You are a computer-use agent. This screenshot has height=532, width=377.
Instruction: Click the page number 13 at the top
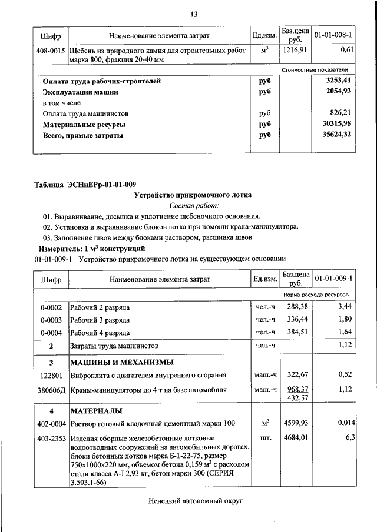193,14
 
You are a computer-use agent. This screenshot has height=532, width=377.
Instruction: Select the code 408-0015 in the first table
51,51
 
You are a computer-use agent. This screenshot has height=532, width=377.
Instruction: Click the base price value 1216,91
295,51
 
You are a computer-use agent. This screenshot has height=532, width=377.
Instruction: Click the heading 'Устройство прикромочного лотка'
193,195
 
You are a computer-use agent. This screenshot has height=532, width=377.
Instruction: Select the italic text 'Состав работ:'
193,206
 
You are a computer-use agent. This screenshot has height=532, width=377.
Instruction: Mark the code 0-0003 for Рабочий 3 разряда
51,320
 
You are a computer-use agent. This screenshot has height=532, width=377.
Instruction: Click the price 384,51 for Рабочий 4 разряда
295,332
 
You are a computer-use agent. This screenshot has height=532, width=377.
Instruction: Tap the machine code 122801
51,374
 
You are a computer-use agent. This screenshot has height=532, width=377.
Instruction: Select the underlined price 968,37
295,389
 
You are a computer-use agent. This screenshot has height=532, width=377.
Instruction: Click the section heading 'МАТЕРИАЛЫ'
96,410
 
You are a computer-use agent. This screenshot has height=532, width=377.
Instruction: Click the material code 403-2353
51,437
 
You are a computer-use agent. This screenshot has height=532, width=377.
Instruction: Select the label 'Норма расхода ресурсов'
316,293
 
